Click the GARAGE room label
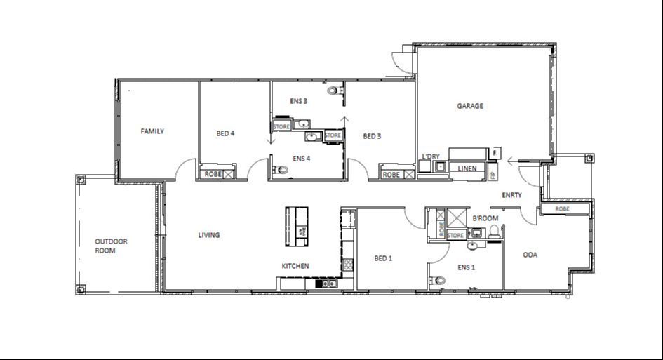(x=470, y=107)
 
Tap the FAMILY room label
(x=152, y=131)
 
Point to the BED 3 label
(x=372, y=136)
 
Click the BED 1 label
(x=383, y=258)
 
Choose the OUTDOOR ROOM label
(x=112, y=246)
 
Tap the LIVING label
(x=209, y=235)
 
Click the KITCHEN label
(x=295, y=266)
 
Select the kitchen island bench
(x=297, y=226)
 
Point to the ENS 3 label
(x=299, y=101)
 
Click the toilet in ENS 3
(x=333, y=91)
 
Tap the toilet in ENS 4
(x=282, y=170)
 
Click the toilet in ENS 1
(x=439, y=281)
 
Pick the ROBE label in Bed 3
(x=391, y=175)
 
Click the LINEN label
(x=467, y=168)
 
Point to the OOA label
(x=530, y=255)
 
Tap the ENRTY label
(x=511, y=195)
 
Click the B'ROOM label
(x=485, y=218)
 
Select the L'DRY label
(x=431, y=156)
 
